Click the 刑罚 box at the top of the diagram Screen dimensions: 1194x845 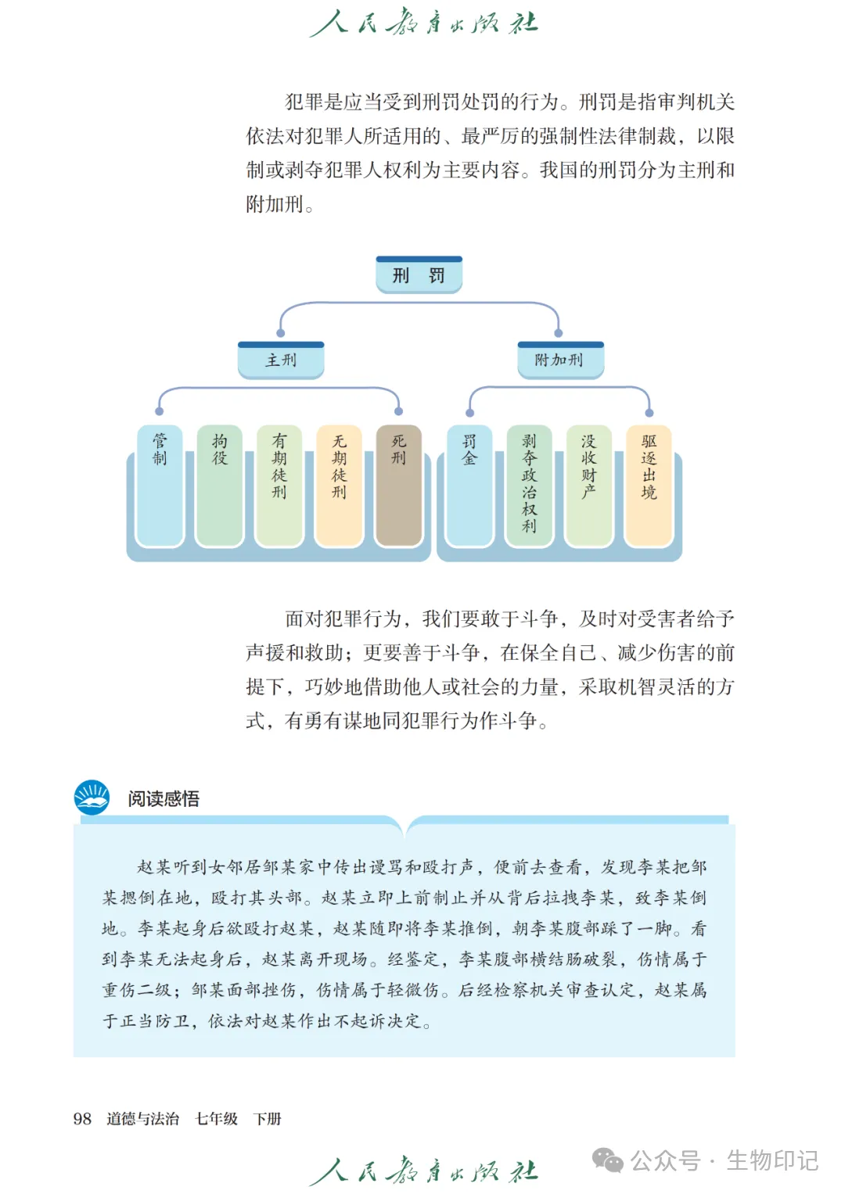pos(419,275)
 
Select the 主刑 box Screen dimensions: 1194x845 pos(281,360)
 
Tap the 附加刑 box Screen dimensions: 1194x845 pos(559,360)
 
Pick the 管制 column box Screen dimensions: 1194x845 pos(160,485)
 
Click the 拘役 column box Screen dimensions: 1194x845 pos(220,485)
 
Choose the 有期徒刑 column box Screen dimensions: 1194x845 pos(279,485)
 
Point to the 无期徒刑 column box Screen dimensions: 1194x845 pos(339,485)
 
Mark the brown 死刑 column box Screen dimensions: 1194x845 pos(399,485)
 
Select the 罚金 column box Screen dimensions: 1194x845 pos(469,485)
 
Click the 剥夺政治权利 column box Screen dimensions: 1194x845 pos(529,485)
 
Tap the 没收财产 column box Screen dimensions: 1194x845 pos(588,485)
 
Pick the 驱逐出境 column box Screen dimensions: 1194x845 pos(649,485)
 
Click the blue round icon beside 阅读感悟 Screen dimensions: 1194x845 pos(92,798)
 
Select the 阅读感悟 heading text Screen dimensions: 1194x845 pos(164,798)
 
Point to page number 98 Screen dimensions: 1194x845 pos(82,1119)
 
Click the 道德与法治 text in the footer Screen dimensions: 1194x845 pos(142,1119)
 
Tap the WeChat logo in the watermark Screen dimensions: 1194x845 pos(608,1160)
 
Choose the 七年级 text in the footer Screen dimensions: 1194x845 pos(217,1119)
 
